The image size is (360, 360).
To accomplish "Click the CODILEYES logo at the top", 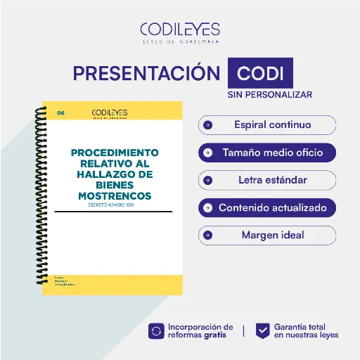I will (x=179, y=32).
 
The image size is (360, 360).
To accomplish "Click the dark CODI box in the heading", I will (x=260, y=74).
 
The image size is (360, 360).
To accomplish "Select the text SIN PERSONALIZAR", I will (x=269, y=94).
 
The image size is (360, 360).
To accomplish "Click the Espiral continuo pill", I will (x=267, y=125).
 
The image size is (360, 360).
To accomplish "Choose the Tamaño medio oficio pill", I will (x=267, y=152).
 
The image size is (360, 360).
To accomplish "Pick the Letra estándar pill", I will (x=267, y=180).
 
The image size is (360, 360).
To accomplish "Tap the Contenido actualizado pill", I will (x=267, y=207).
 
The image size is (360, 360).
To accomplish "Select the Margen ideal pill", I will (x=267, y=235).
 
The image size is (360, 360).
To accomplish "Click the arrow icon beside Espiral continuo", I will (x=207, y=125).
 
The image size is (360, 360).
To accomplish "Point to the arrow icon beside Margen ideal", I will (x=207, y=235).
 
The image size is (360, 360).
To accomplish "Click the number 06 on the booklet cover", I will (x=60, y=112).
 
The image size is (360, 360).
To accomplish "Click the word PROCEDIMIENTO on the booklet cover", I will (x=115, y=153).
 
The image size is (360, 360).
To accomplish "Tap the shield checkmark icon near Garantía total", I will (x=262, y=331).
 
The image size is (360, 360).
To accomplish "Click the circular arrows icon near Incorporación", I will (x=156, y=331).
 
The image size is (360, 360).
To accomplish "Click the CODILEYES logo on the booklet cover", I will (x=110, y=112).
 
